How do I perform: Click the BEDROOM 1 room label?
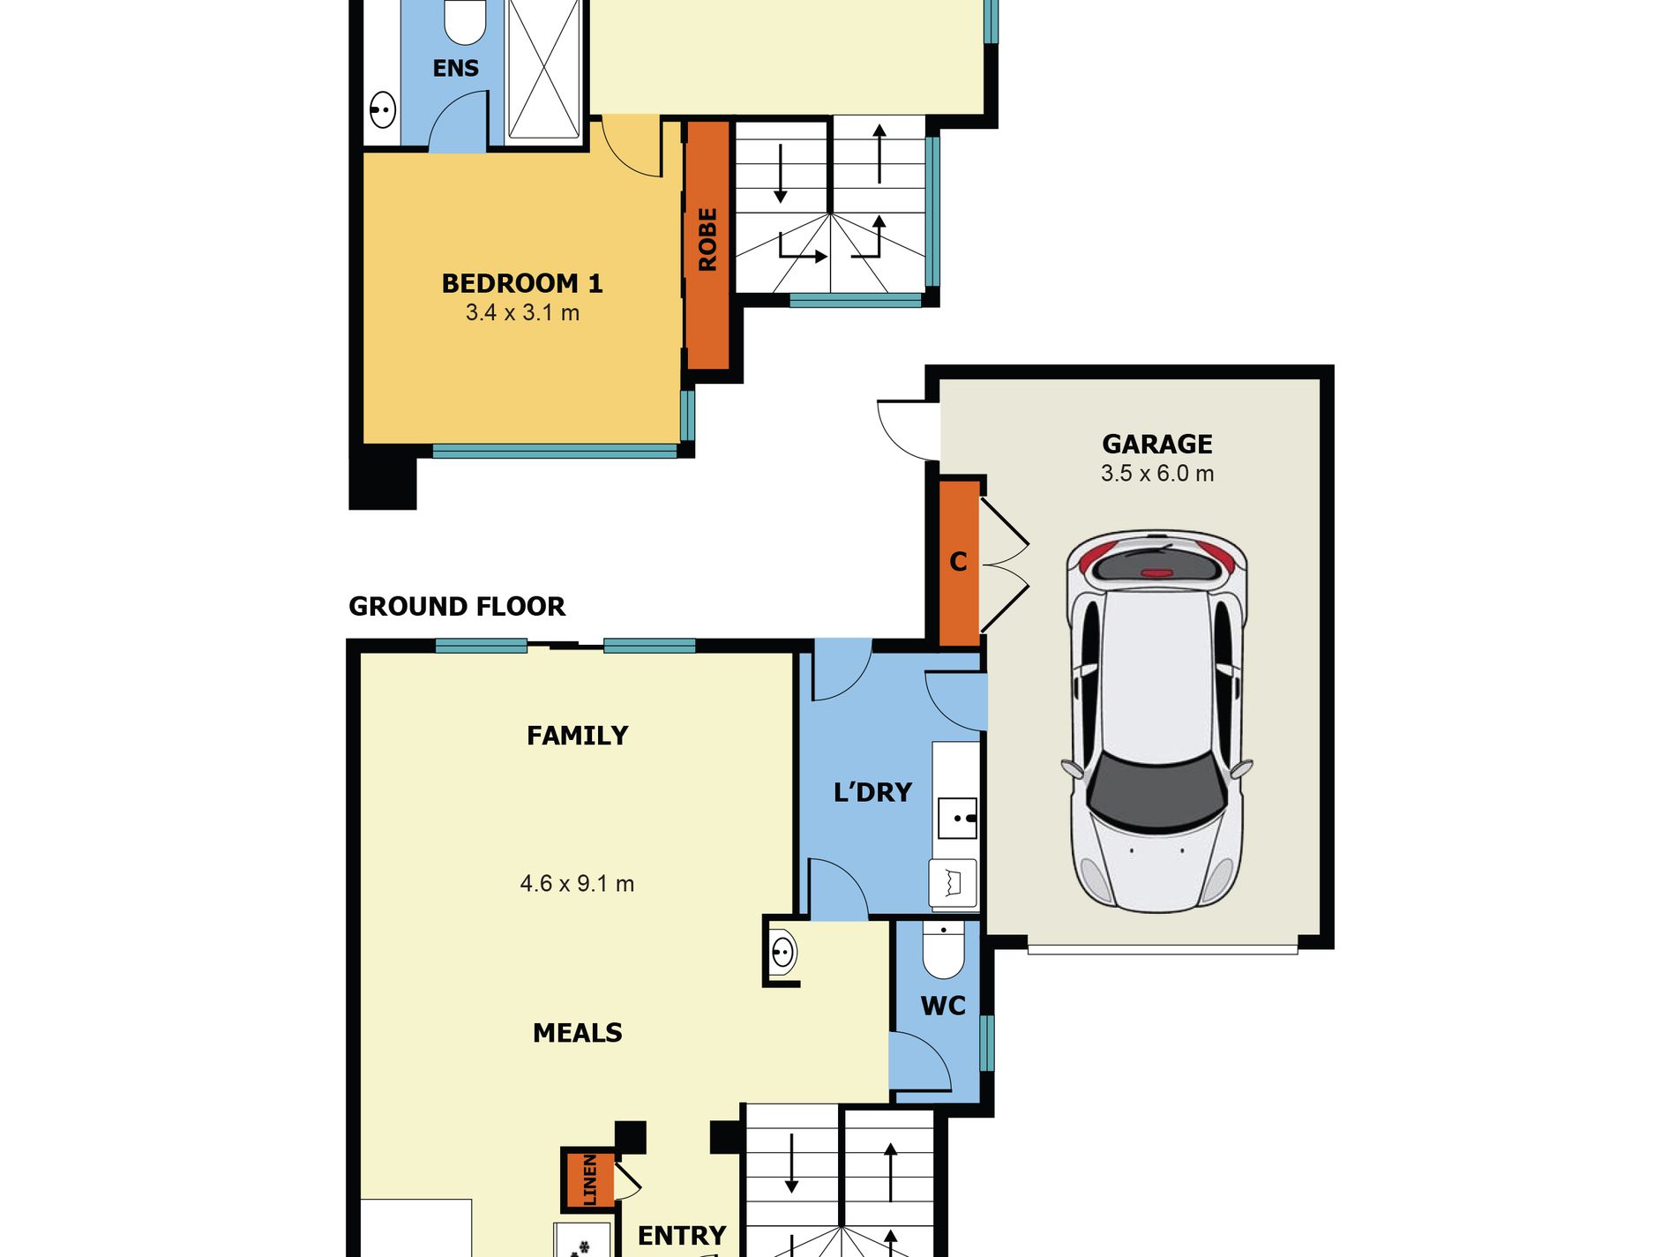[x=522, y=283]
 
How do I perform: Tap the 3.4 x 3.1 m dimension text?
[x=522, y=312]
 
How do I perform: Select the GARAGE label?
[x=1157, y=444]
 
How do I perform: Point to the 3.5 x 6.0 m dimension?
[x=1157, y=474]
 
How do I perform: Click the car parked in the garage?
[x=1157, y=722]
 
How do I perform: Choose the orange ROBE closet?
[x=707, y=244]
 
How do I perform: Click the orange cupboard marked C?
[x=960, y=562]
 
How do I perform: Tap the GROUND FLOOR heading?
[x=457, y=606]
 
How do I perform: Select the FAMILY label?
[x=578, y=736]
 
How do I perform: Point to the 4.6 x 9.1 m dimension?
[x=577, y=883]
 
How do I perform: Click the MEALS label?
[x=578, y=1033]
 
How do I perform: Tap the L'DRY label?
[x=872, y=792]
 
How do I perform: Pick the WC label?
[x=943, y=1006]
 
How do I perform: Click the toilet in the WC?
[x=944, y=951]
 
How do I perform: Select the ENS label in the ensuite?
[x=456, y=68]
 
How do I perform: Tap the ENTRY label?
[x=682, y=1236]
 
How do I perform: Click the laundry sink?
[x=958, y=818]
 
